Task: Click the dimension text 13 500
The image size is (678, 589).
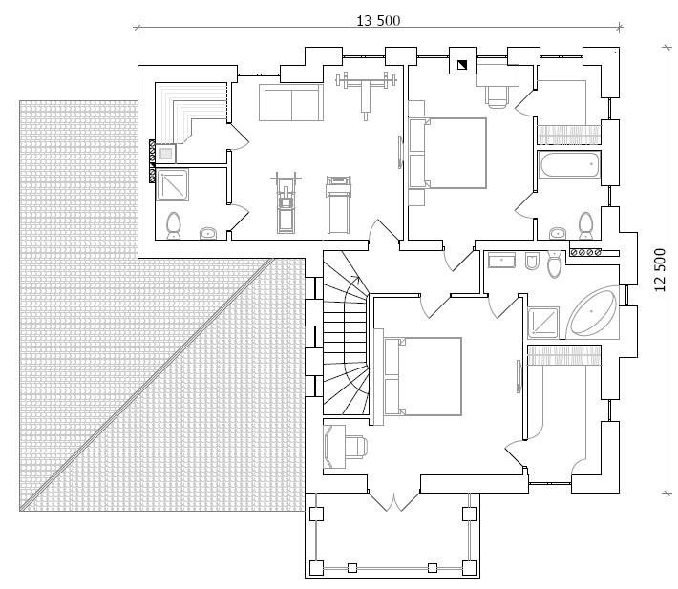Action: [x=378, y=20]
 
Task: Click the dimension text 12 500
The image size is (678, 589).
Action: [x=660, y=270]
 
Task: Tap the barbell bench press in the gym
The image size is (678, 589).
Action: [x=367, y=92]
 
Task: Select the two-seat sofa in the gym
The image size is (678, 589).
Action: [x=291, y=102]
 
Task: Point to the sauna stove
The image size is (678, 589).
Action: [x=165, y=154]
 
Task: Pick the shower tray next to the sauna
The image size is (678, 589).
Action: [x=172, y=185]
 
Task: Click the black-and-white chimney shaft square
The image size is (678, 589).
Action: [x=463, y=65]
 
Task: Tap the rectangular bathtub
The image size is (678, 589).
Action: [x=569, y=164]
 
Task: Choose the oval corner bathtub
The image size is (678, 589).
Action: [x=591, y=312]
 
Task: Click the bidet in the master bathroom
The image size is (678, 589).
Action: [x=531, y=262]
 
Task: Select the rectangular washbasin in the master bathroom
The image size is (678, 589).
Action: [x=501, y=261]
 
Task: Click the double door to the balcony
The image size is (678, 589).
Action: [x=394, y=501]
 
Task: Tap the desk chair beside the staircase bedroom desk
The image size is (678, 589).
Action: [x=356, y=446]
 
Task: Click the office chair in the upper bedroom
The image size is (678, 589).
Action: [x=498, y=95]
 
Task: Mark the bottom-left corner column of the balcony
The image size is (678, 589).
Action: [x=316, y=567]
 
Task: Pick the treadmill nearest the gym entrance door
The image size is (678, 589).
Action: [x=339, y=204]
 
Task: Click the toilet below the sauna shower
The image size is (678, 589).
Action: [x=174, y=224]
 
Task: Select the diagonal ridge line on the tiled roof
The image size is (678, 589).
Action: [x=147, y=385]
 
